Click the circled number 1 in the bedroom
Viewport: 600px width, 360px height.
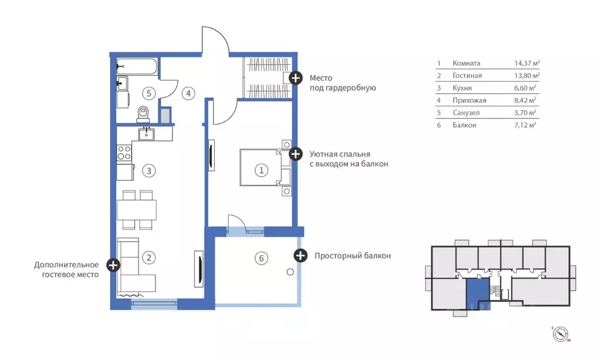(x=262, y=170)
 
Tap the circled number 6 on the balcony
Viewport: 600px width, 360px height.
(x=262, y=258)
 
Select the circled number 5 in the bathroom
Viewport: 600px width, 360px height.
(x=149, y=93)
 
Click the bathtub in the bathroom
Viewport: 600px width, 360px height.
(x=137, y=67)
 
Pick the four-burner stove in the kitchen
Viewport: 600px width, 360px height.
(x=124, y=152)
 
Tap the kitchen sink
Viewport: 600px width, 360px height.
(x=147, y=134)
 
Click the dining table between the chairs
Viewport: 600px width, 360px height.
(x=137, y=210)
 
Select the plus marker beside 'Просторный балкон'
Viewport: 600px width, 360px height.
(x=300, y=255)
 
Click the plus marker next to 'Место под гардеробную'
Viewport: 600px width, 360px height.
(x=296, y=78)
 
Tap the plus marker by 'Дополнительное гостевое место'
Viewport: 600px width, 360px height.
(x=113, y=265)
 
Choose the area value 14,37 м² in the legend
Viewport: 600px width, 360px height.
(x=527, y=63)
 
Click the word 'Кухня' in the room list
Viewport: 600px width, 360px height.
(x=462, y=88)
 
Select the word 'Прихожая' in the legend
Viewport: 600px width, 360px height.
(x=469, y=100)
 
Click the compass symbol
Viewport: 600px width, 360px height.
(x=560, y=334)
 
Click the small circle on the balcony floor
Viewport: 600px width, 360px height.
(x=290, y=272)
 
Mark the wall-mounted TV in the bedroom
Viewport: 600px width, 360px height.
(x=211, y=155)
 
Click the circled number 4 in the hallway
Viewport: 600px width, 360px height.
(x=188, y=93)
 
